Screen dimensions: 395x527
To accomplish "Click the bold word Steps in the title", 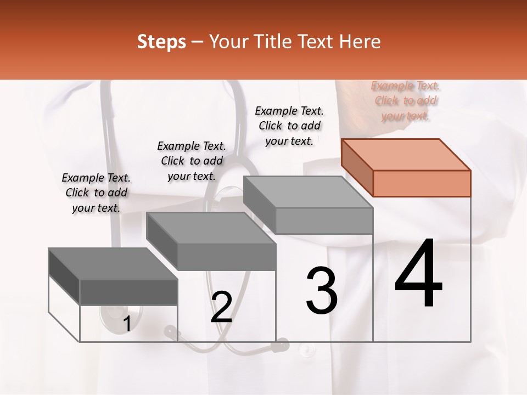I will [x=161, y=42].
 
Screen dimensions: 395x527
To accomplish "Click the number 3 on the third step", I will [x=322, y=290].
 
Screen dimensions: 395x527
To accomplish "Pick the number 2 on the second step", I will [x=222, y=307].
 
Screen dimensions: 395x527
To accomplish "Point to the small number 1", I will [x=127, y=324].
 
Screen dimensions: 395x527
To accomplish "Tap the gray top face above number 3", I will [x=308, y=192].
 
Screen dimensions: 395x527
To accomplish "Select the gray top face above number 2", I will [x=211, y=228].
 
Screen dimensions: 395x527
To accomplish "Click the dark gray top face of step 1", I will [x=113, y=264].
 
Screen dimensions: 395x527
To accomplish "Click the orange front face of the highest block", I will [x=422, y=183].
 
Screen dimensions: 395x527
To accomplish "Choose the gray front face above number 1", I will [x=128, y=292].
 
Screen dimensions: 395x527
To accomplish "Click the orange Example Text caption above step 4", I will [x=406, y=101].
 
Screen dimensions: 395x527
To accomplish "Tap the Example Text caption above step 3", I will [x=290, y=126].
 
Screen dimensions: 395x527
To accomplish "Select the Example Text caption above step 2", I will [x=192, y=161].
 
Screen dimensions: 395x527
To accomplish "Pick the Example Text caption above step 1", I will [x=96, y=193].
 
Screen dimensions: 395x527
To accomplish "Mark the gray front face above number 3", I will [x=324, y=221].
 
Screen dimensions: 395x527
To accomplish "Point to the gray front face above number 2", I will [x=226, y=257].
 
